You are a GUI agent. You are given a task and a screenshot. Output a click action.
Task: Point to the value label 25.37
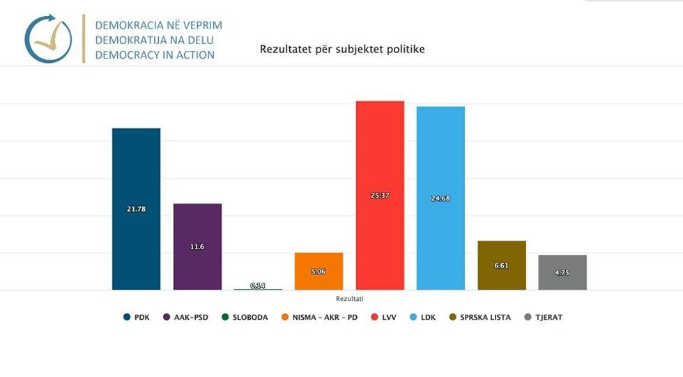click(x=380, y=195)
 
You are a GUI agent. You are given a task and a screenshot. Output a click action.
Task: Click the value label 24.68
click(x=440, y=199)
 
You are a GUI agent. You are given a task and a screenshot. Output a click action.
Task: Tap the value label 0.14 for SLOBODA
click(x=258, y=286)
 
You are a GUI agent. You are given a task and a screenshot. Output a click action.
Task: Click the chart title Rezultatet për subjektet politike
click(x=342, y=50)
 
